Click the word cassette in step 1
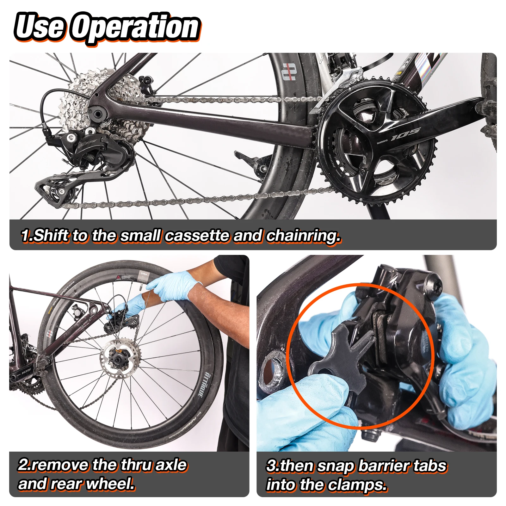[198, 236]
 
